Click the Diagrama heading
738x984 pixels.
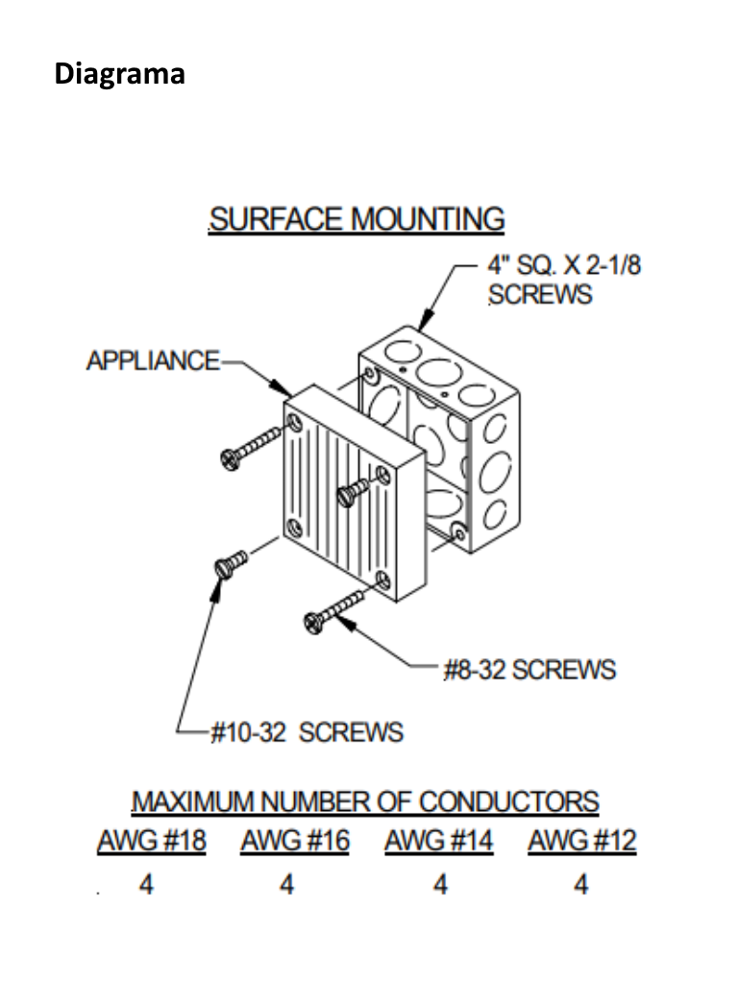coord(120,74)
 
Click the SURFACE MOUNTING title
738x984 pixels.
coord(357,220)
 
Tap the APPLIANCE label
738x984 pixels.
coord(153,361)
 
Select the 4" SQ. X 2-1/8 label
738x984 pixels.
coord(564,265)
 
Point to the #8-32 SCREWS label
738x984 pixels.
coord(530,670)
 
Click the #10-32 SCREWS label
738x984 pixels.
coord(307,732)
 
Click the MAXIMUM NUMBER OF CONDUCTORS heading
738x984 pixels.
coord(365,802)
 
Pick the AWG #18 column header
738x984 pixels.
coord(152,841)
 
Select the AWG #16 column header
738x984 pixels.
coord(295,841)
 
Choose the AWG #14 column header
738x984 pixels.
coord(438,841)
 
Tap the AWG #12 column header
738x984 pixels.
coord(582,841)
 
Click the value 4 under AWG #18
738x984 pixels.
coord(146,884)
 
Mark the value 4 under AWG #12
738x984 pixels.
coord(581,884)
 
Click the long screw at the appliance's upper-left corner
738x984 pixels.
coord(251,447)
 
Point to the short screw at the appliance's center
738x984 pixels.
coord(354,491)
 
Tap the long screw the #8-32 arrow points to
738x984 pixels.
coord(333,610)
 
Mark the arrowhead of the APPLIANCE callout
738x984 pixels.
coord(282,387)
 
